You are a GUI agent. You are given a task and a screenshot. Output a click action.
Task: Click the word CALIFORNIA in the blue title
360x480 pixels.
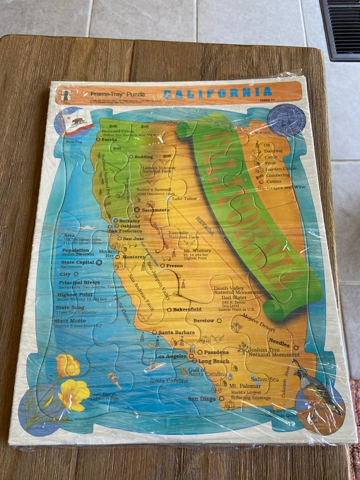218,92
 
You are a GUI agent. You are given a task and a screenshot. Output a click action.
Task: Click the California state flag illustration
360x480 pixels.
76,122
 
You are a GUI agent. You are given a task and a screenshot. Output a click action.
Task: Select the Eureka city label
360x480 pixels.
109,140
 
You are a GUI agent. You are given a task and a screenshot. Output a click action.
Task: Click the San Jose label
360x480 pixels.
133,239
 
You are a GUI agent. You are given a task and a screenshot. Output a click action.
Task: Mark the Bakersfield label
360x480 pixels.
187,309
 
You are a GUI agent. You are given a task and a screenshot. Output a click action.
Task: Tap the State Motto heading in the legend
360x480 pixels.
70,321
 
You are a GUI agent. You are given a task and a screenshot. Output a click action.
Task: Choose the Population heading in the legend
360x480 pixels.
75,250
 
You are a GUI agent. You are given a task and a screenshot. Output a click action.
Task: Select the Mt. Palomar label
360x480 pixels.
244,385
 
